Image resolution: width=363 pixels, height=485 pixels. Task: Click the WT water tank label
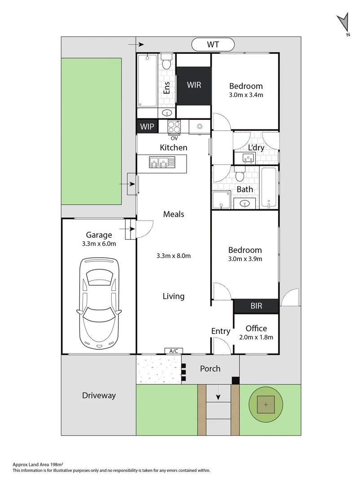pyautogui.click(x=213, y=44)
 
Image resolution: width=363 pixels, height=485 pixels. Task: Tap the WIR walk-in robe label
pyautogui.click(x=193, y=85)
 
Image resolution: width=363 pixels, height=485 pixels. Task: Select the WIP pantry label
pyautogui.click(x=147, y=127)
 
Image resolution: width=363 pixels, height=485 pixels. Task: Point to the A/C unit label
pyautogui.click(x=173, y=351)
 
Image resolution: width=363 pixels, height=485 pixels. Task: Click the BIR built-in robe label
pyautogui.click(x=256, y=306)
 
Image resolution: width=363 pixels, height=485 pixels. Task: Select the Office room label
pyautogui.click(x=256, y=328)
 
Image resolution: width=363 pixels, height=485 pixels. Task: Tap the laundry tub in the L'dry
pyautogui.click(x=248, y=158)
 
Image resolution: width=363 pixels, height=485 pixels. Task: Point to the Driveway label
pyautogui.click(x=99, y=396)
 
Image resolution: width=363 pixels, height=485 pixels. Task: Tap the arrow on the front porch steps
pyautogui.click(x=218, y=397)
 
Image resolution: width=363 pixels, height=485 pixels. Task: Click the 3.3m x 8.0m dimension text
pyautogui.click(x=174, y=256)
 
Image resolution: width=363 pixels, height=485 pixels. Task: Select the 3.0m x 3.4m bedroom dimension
pyautogui.click(x=245, y=95)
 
